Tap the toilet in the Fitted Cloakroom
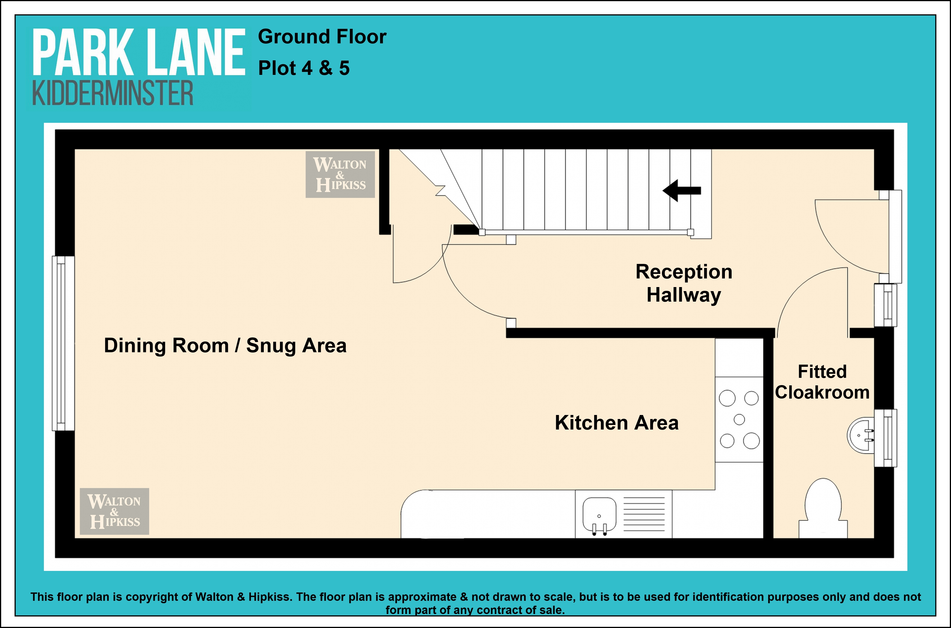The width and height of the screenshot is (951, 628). click(x=823, y=508)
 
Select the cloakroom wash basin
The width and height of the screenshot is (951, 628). click(x=861, y=435)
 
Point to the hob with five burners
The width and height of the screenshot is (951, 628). click(x=739, y=419)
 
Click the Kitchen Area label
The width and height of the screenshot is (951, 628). click(x=617, y=423)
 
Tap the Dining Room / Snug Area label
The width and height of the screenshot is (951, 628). click(x=225, y=346)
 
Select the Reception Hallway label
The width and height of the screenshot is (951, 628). click(x=684, y=283)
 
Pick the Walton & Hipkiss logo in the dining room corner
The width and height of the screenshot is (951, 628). click(x=114, y=511)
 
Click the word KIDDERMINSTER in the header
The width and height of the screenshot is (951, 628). click(x=113, y=93)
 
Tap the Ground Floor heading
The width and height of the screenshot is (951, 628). click(x=322, y=37)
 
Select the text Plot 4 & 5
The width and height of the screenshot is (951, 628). click(x=304, y=68)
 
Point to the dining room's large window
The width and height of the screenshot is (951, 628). click(x=63, y=343)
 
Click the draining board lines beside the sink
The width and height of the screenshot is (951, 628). click(x=644, y=514)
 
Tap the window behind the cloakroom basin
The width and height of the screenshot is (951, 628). click(x=885, y=438)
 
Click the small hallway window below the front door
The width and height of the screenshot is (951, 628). click(x=885, y=305)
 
